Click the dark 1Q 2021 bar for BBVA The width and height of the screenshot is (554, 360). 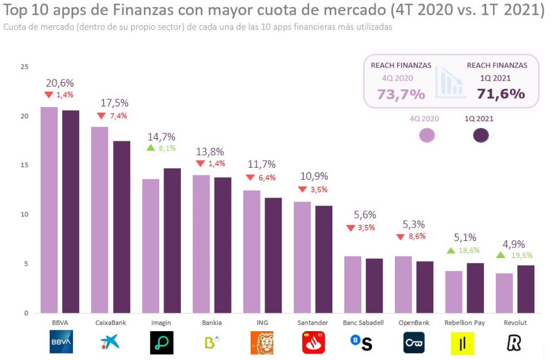70,211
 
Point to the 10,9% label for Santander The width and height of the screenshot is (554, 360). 314,176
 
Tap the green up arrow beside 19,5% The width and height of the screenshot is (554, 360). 500,255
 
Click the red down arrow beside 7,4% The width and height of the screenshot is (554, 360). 101,116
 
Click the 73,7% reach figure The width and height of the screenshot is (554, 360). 401,94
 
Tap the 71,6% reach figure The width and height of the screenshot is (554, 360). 501,94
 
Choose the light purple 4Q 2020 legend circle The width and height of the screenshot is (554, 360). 427,135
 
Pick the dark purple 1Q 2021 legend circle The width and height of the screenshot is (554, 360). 480,135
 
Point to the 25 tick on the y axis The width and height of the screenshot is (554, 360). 24,67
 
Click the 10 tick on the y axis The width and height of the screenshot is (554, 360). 24,215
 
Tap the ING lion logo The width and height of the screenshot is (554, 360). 262,343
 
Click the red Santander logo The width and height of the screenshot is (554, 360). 313,343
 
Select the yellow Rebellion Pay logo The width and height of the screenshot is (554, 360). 462,343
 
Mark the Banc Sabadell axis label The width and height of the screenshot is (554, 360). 364,323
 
